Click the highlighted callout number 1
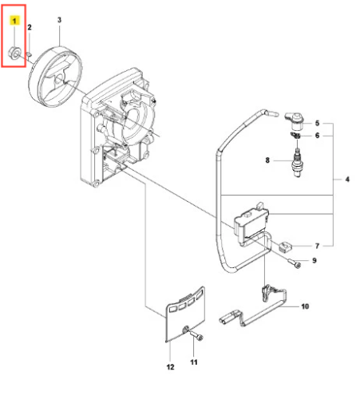pos(14,21)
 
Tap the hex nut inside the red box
pos(14,53)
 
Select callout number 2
pos(30,27)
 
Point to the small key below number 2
pos(30,54)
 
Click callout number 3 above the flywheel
pos(59,20)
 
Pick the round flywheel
pos(55,77)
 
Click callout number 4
pos(347,180)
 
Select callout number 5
pos(317,123)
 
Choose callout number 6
pos(317,136)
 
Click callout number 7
pos(317,246)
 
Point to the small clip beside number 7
pos(286,247)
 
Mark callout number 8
pos(267,160)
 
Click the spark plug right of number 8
pos(297,162)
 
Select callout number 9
pos(315,260)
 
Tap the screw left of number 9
pos(295,264)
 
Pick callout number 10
pos(305,306)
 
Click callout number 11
pos(194,362)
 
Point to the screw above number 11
pos(196,335)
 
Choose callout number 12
pos(170,367)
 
